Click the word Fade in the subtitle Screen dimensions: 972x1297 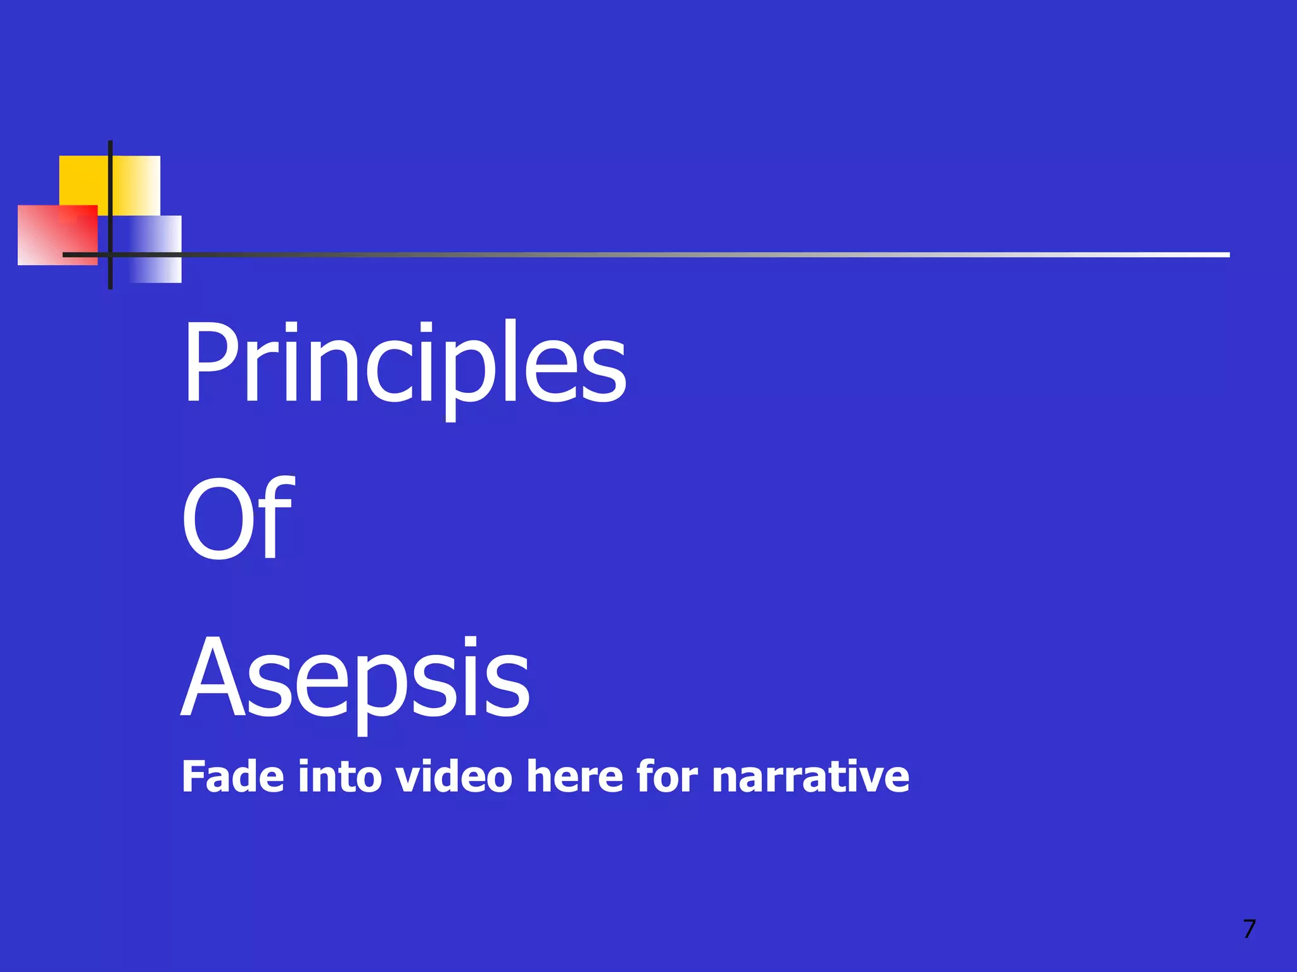pyautogui.click(x=232, y=776)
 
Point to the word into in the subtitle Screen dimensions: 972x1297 pyautogui.click(x=339, y=776)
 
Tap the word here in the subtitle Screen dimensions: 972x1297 pyautogui.click(x=575, y=776)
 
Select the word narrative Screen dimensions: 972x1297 pyautogui.click(x=811, y=778)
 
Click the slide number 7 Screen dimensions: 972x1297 pyautogui.click(x=1249, y=929)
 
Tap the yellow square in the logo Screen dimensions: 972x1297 pyautogui.click(x=85, y=180)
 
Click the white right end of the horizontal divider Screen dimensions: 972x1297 pyautogui.click(x=1216, y=254)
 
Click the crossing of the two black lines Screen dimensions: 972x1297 pyautogui.click(x=110, y=254)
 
